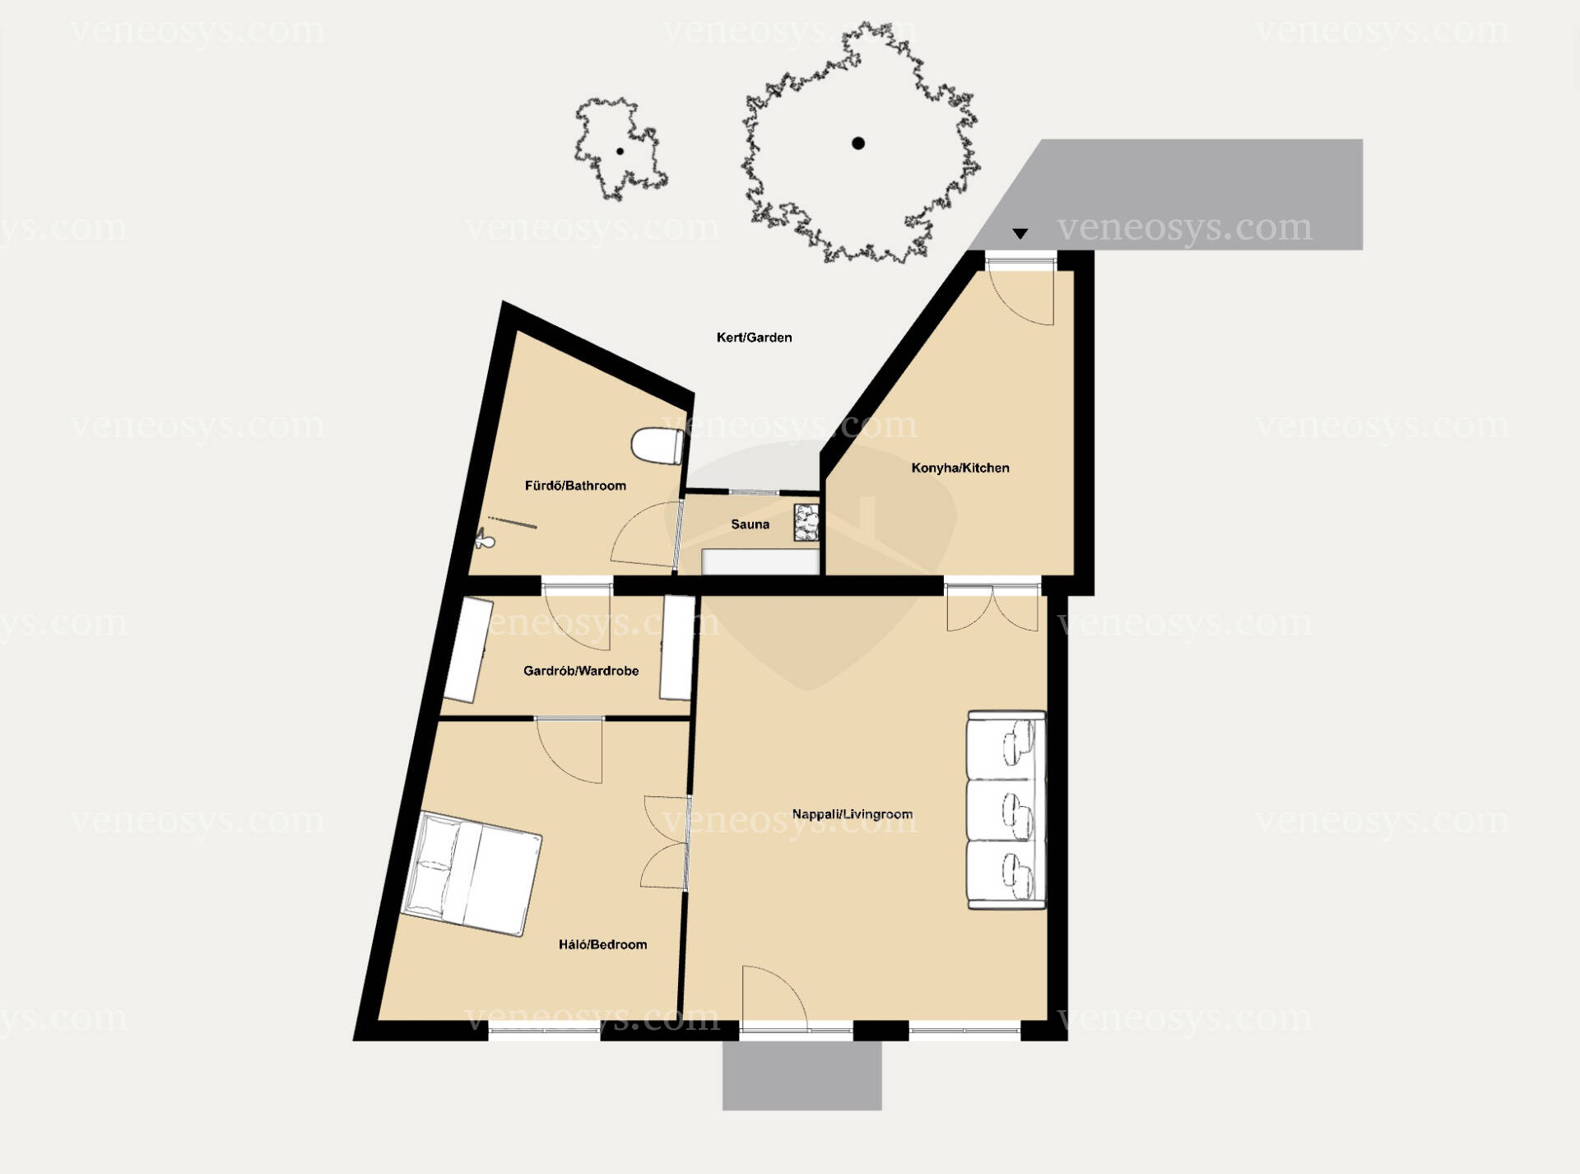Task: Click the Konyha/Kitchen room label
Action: pyautogui.click(x=960, y=468)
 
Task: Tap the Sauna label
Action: pyautogui.click(x=750, y=524)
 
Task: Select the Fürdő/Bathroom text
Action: pyautogui.click(x=575, y=486)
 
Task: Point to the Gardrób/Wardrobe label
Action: pyautogui.click(x=581, y=671)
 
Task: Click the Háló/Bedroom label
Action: pyautogui.click(x=602, y=944)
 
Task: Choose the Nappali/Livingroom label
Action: pyautogui.click(x=852, y=814)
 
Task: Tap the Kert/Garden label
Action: pyautogui.click(x=754, y=337)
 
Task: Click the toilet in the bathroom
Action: pyautogui.click(x=657, y=445)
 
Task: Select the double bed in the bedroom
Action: pyautogui.click(x=472, y=874)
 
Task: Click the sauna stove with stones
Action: pyautogui.click(x=806, y=523)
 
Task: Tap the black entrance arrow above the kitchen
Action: pyautogui.click(x=1020, y=234)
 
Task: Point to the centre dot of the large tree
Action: pyautogui.click(x=858, y=143)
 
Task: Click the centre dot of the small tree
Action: pyautogui.click(x=620, y=151)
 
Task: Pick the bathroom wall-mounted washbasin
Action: pyautogui.click(x=484, y=540)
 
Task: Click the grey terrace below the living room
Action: pyautogui.click(x=802, y=1075)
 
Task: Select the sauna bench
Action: pyautogui.click(x=760, y=561)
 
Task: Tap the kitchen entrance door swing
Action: pyautogui.click(x=1021, y=293)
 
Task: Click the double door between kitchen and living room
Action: pyautogui.click(x=993, y=607)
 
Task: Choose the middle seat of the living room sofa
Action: pyautogui.click(x=1006, y=810)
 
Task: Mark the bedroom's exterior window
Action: pyautogui.click(x=545, y=1029)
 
